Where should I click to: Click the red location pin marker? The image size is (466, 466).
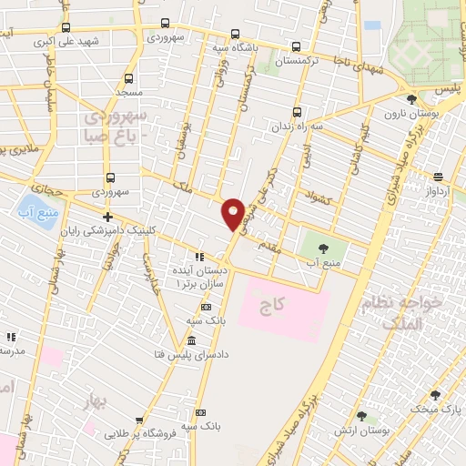coord(234,213)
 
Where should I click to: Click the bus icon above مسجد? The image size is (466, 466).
coord(128,78)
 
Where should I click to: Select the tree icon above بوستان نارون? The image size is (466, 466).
coord(411,99)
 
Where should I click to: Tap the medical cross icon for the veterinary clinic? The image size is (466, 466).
coord(107,217)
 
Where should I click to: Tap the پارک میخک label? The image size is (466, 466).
coord(436,410)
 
